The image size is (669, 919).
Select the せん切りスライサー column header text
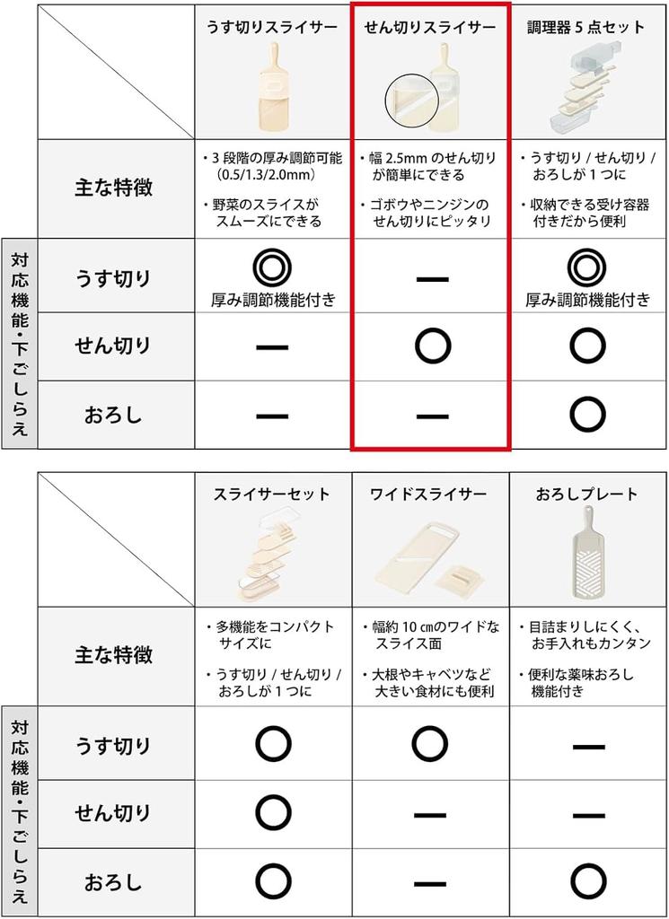tap(430, 28)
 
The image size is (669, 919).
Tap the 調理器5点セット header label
tap(586, 28)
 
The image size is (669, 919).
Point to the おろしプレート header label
tap(586, 495)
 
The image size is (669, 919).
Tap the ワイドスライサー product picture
tap(430, 556)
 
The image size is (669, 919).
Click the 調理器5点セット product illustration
tap(584, 85)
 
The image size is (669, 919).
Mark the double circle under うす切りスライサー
tap(272, 267)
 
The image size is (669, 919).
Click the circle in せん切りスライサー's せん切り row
tap(431, 346)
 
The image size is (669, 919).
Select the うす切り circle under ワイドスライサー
tap(431, 743)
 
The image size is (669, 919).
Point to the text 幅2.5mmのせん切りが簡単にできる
tap(431, 167)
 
